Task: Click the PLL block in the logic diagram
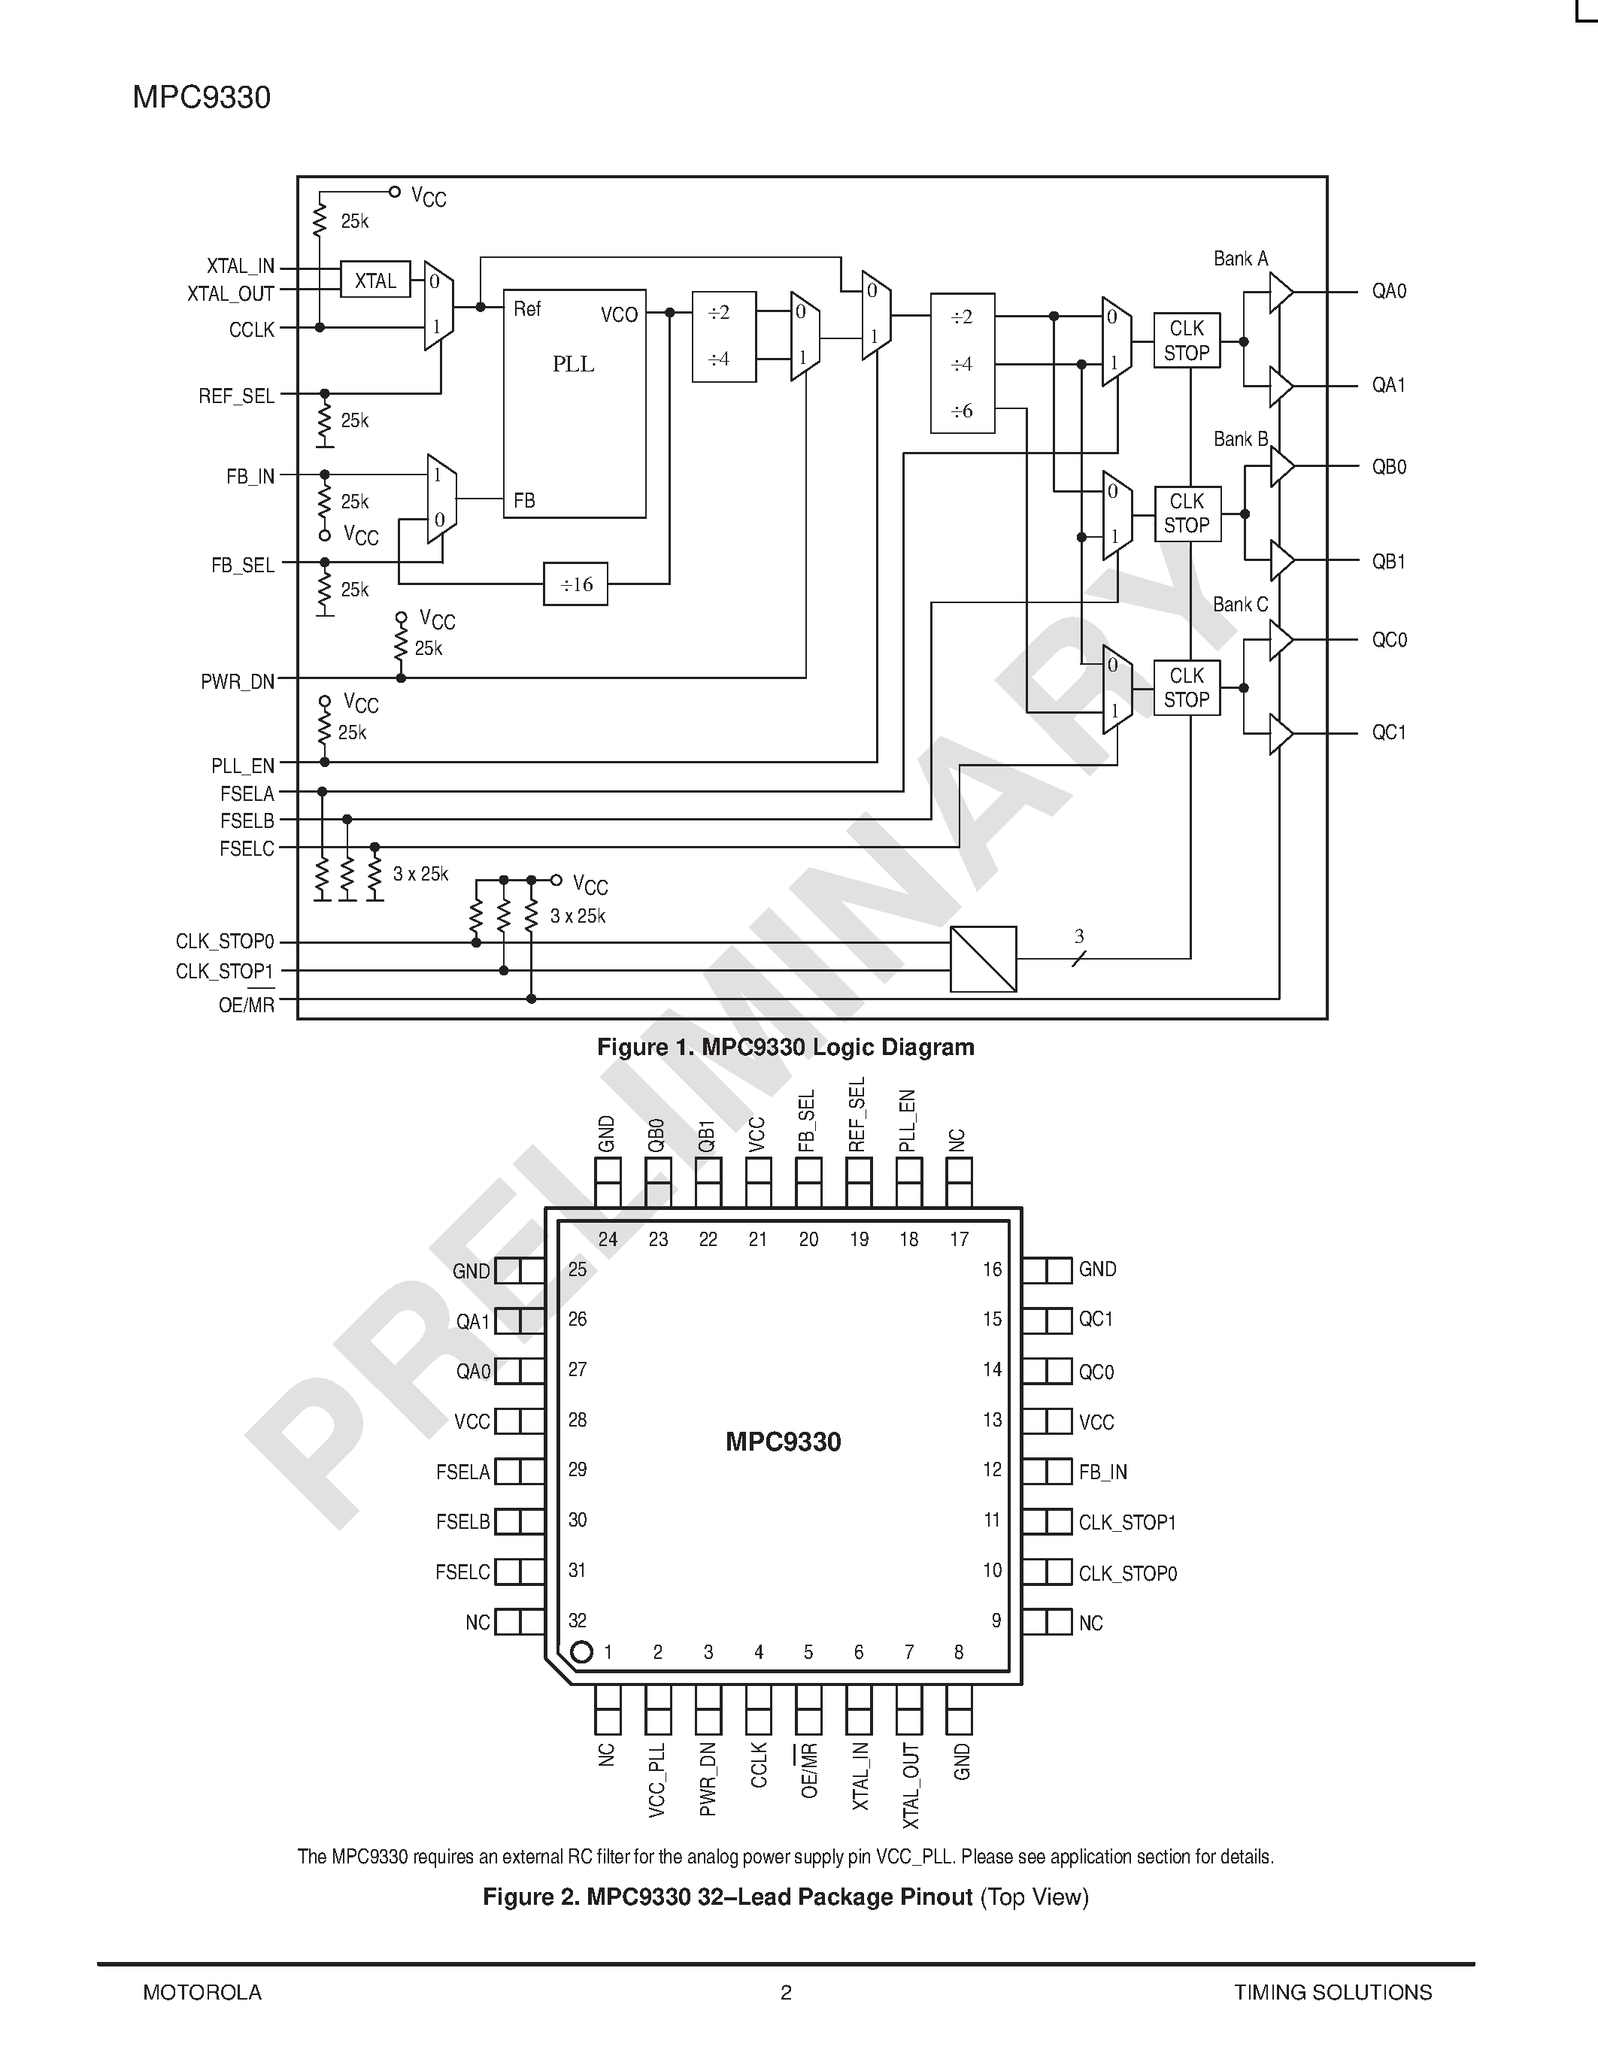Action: click(x=574, y=403)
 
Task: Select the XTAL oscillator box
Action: click(x=375, y=280)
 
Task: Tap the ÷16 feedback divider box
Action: click(x=575, y=584)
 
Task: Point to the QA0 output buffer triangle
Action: click(x=1280, y=292)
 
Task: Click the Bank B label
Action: click(x=1240, y=439)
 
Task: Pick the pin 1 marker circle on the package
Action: click(x=582, y=1652)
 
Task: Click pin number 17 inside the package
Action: click(x=959, y=1239)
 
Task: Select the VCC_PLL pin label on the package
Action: click(x=657, y=1780)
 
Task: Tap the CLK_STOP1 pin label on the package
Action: click(x=1126, y=1523)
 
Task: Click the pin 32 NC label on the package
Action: click(x=477, y=1623)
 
